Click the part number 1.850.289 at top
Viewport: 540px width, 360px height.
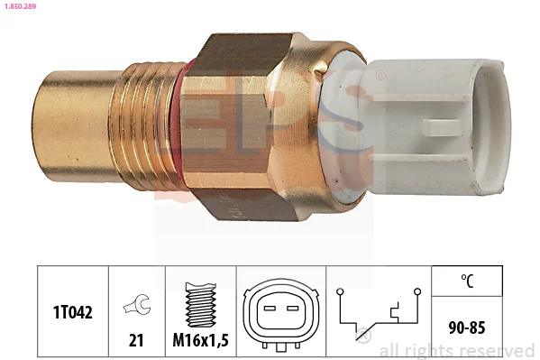click(x=20, y=6)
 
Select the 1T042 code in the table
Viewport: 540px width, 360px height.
click(x=73, y=312)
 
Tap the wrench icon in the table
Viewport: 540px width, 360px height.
click(x=137, y=304)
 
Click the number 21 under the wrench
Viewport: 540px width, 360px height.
click(x=136, y=340)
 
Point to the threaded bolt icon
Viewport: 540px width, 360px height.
click(x=201, y=305)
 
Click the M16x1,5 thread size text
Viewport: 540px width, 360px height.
click(x=200, y=340)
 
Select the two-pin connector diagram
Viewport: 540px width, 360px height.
click(x=281, y=315)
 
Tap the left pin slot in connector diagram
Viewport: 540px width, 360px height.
click(x=270, y=308)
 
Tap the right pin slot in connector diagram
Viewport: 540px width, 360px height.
click(x=292, y=308)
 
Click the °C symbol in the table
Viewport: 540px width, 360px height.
click(x=467, y=281)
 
